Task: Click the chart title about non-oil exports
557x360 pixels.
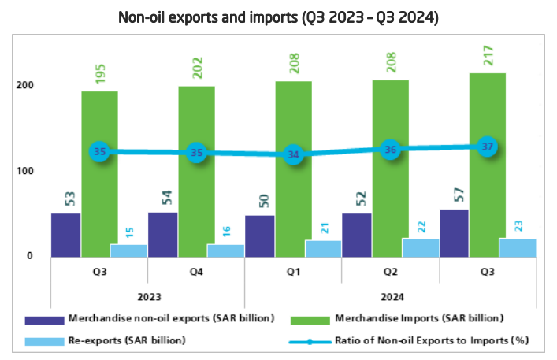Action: (x=278, y=16)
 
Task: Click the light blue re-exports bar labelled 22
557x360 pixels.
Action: (x=420, y=247)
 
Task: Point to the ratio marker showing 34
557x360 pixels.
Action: (x=293, y=154)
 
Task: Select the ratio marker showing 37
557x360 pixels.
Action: (x=488, y=147)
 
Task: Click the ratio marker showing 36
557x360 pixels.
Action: (x=391, y=150)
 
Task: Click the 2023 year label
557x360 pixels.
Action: (x=147, y=297)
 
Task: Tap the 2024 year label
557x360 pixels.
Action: (x=390, y=297)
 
